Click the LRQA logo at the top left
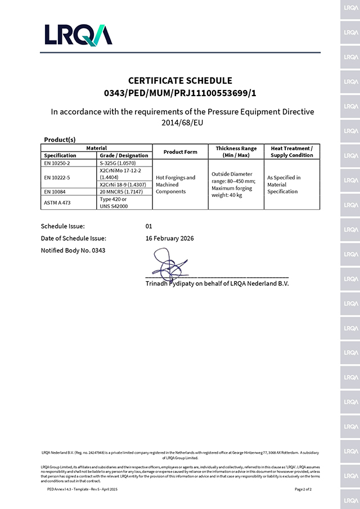78,35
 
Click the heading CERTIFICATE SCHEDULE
180,80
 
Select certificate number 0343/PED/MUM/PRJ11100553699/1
180,93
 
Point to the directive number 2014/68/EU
179,123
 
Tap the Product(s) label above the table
60,139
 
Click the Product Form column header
180,152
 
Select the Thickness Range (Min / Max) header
236,152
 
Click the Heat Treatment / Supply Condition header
291,152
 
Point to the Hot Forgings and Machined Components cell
175,184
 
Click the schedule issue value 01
149,226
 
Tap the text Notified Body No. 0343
73,250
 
